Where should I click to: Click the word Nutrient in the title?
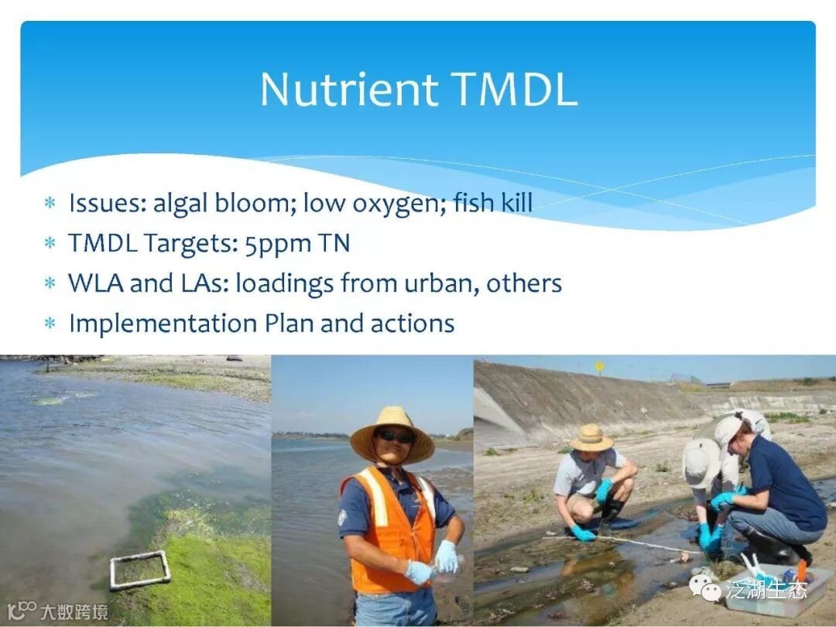[x=349, y=89]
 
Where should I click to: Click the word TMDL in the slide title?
[x=515, y=89]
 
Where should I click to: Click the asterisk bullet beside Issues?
[x=50, y=203]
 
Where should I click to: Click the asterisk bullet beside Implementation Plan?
[x=50, y=323]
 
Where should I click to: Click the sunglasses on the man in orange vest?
[x=395, y=436]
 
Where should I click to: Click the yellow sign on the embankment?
[x=600, y=366]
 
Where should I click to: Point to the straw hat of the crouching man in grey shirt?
[x=591, y=438]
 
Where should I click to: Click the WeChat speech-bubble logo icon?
[x=705, y=588]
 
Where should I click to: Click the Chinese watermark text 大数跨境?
[x=74, y=612]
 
